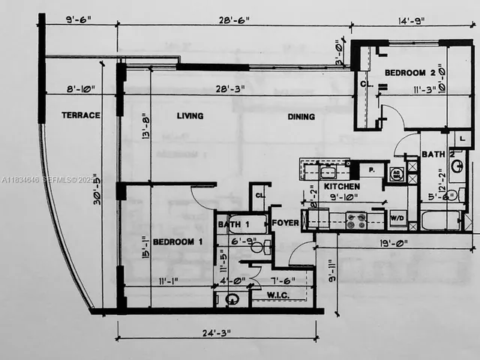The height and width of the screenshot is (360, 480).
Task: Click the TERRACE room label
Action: [x=81, y=115]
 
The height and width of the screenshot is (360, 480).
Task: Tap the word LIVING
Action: [x=190, y=116]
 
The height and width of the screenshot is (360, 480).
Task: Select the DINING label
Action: [x=301, y=117]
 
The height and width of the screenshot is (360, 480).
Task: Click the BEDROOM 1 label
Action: [x=178, y=242]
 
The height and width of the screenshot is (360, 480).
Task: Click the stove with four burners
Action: [x=355, y=220]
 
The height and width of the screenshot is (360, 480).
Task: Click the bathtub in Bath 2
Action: [x=441, y=220]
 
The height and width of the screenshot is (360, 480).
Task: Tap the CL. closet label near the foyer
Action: [x=259, y=196]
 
